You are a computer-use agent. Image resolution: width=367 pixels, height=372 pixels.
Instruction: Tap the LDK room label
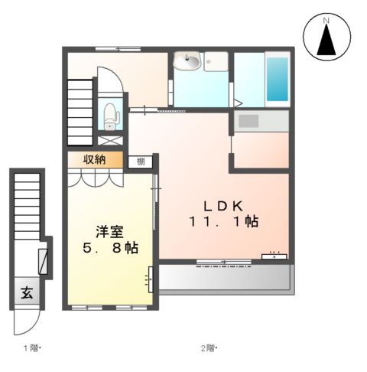pyautogui.click(x=222, y=205)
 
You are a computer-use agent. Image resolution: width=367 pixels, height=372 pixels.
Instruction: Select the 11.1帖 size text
pyautogui.click(x=223, y=222)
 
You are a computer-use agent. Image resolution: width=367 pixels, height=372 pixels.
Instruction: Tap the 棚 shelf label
pyautogui.click(x=141, y=161)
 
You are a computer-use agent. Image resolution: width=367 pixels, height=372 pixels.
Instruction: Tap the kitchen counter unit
pyautogui.click(x=261, y=121)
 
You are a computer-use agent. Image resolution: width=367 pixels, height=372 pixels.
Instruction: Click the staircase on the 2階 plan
pyautogui.click(x=80, y=107)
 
